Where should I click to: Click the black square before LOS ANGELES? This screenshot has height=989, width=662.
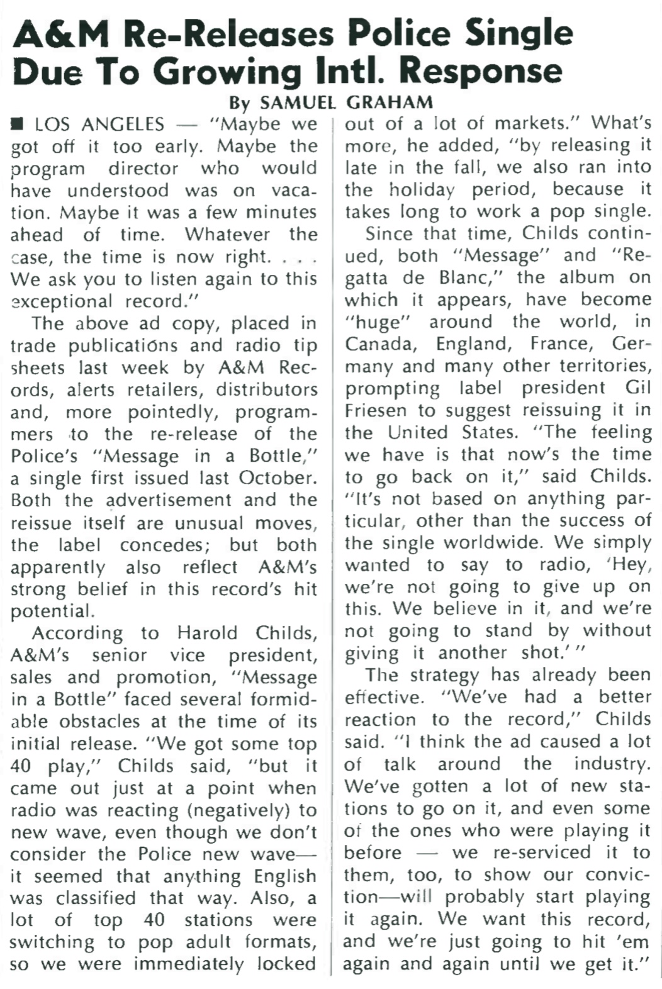click(18, 124)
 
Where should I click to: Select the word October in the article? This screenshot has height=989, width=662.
click(276, 478)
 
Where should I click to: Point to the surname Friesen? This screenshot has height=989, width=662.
click(374, 410)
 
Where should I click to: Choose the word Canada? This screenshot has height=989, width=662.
click(376, 344)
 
